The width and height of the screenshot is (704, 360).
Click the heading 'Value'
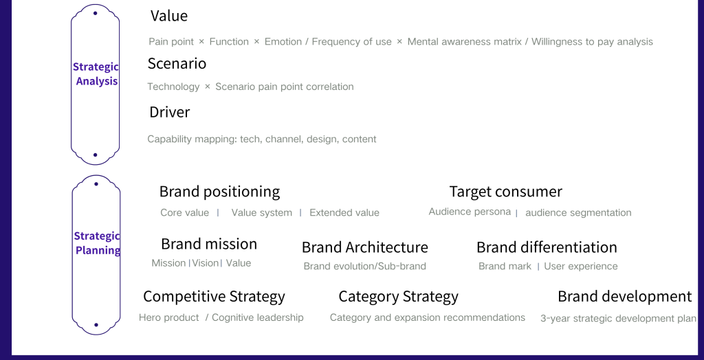coord(169,16)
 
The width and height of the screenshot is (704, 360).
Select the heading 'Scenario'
coord(177,63)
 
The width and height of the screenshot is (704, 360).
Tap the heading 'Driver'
coord(169,112)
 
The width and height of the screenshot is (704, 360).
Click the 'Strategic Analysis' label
coord(96,74)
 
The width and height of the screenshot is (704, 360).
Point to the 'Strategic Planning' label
coord(97,243)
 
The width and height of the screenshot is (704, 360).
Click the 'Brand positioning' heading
coord(219,192)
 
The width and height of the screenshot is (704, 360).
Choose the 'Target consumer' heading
coord(505,192)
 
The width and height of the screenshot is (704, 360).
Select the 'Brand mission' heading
coord(209,244)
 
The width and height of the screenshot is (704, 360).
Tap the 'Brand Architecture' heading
coord(364,247)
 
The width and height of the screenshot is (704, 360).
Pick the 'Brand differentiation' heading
coord(547,247)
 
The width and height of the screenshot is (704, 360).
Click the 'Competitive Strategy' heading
coord(214,297)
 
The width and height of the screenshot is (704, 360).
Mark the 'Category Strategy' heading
coord(398,297)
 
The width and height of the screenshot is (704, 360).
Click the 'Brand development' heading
coord(624,297)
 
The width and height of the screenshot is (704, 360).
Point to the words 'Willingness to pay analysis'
coord(592,42)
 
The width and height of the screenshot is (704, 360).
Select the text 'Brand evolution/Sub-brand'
coord(364,266)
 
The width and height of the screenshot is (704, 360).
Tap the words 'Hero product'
coord(169,318)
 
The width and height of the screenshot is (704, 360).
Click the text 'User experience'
coord(580,266)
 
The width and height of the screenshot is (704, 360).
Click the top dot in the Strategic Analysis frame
coord(95,14)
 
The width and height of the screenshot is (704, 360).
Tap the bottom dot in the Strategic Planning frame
coord(96,325)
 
